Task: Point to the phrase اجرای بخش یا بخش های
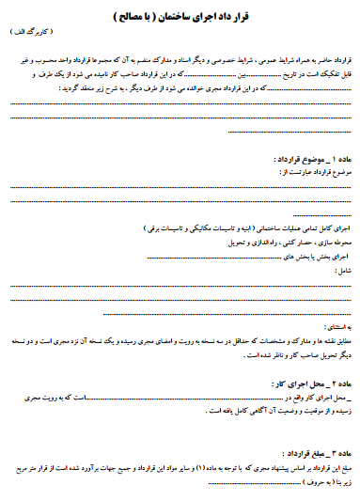(315, 256)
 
